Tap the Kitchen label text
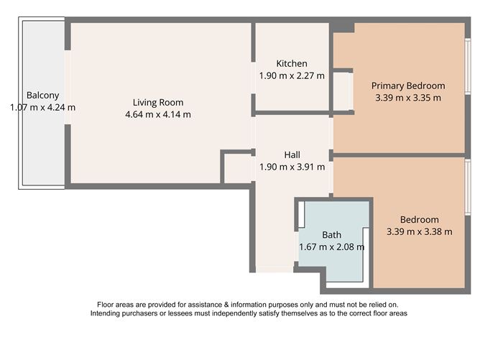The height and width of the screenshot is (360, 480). [x=292, y=63]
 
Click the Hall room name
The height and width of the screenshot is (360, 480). [x=292, y=154]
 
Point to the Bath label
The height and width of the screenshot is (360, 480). [x=331, y=235]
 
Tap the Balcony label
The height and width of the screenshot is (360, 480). [x=42, y=96]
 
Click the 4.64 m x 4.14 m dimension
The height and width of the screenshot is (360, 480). [x=157, y=114]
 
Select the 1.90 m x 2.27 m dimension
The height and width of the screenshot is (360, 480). [x=292, y=75]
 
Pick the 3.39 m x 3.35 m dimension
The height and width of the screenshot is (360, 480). [x=408, y=97]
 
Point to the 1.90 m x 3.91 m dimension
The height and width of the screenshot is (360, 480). [x=292, y=167]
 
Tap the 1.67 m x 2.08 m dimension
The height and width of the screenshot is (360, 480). [x=331, y=247]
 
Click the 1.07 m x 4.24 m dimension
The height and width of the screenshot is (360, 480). [x=42, y=108]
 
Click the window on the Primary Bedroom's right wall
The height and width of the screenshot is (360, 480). [x=467, y=65]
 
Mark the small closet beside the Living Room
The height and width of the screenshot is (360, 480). [x=236, y=168]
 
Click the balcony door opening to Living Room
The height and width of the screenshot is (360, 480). [x=68, y=88]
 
